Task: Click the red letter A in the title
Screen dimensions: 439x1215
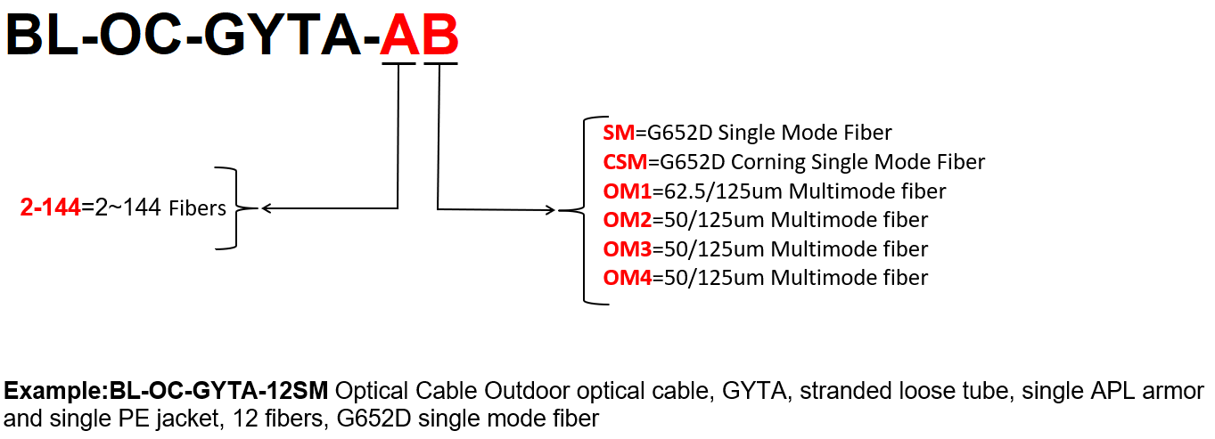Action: [399, 37]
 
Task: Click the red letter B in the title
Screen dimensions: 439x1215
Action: [440, 37]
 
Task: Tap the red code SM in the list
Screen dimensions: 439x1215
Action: [619, 134]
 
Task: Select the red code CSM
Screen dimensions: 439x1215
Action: [625, 162]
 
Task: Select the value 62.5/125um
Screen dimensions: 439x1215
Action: [708, 191]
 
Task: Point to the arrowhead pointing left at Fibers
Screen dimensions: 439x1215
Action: [267, 209]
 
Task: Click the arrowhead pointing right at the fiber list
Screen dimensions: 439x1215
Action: [552, 211]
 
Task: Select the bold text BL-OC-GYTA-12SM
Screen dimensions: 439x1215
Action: [218, 391]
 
